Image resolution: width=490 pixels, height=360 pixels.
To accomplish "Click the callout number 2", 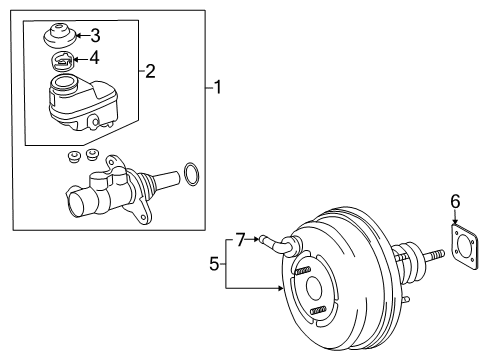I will (151, 70).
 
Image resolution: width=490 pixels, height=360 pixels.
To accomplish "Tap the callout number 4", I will (96, 58).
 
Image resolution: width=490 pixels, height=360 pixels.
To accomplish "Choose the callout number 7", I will (240, 239).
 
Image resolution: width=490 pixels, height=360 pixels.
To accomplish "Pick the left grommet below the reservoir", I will (73, 157).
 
